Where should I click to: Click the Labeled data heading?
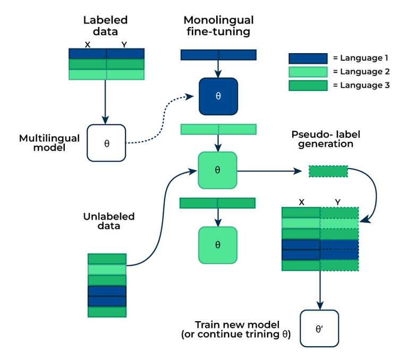point(106,27)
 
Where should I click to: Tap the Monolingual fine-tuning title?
point(218,27)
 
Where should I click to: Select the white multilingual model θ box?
point(106,143)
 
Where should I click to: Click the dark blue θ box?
point(218,96)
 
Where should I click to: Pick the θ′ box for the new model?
point(319,329)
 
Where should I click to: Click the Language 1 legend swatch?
point(308,58)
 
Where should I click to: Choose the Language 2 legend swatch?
point(308,72)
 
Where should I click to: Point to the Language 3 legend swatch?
point(308,86)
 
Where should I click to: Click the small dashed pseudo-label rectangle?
point(328,171)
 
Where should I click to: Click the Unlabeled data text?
point(109,221)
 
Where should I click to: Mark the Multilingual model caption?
point(49,143)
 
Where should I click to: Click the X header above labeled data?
point(88,45)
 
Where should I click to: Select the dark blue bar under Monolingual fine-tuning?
point(218,55)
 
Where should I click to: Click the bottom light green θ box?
point(218,245)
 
